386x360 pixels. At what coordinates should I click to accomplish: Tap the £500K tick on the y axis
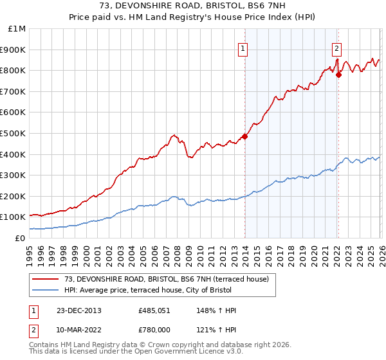pyautogui.click(x=14, y=133)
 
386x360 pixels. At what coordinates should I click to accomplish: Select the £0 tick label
pyautogui.click(x=21, y=238)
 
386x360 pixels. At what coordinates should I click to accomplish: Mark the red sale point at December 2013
pyautogui.click(x=244, y=136)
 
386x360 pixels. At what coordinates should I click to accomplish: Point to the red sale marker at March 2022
pyautogui.click(x=339, y=75)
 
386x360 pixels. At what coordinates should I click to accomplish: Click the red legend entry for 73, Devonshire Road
pyautogui.click(x=170, y=278)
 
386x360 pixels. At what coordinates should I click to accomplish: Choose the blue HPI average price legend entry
pyautogui.click(x=170, y=291)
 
